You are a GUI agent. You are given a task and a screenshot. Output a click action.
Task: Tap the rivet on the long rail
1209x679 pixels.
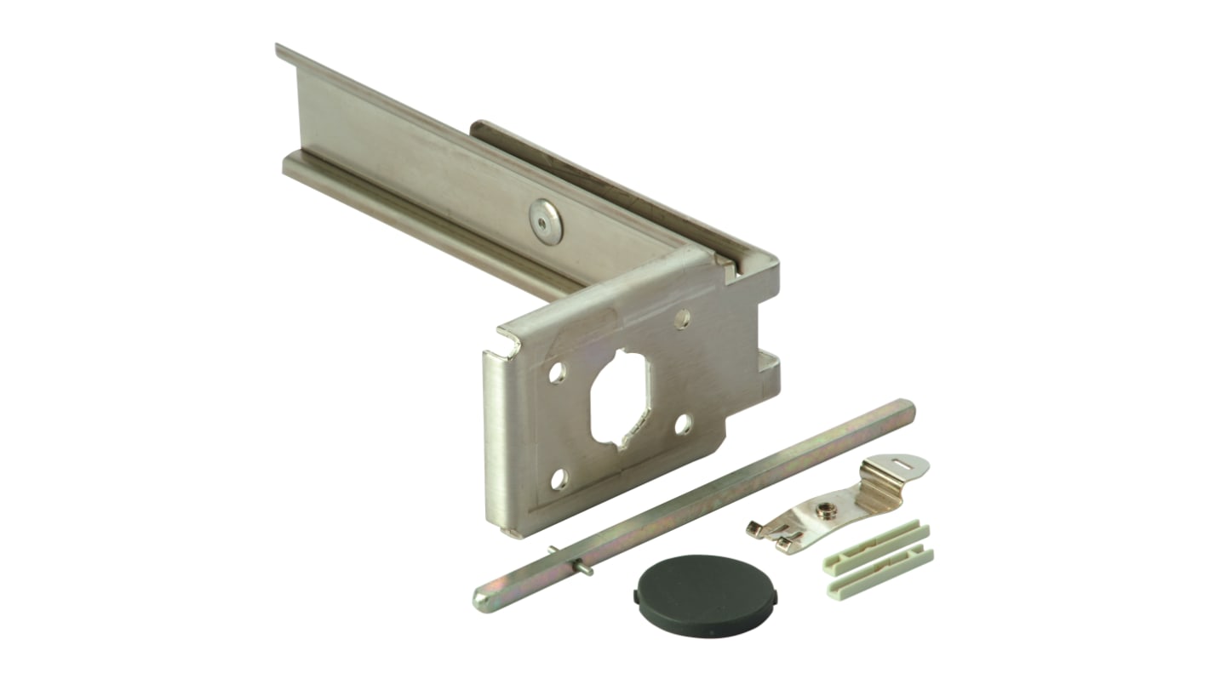(x=546, y=220)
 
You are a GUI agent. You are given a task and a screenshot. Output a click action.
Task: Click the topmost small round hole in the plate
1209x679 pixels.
(x=682, y=320)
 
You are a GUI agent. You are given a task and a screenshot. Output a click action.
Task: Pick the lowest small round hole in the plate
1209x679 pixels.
(x=559, y=479)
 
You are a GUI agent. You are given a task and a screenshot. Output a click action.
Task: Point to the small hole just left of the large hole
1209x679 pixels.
(x=558, y=373)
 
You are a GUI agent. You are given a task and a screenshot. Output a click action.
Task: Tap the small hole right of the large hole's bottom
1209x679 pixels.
(x=684, y=425)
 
